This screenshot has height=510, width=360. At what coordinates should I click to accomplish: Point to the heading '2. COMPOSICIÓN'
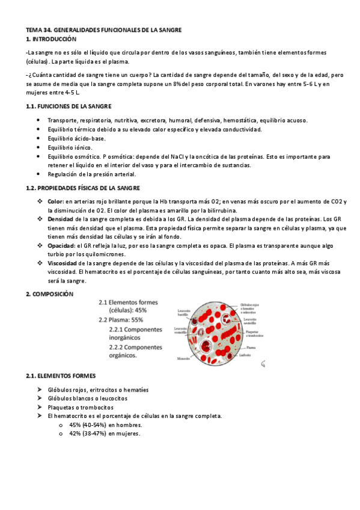tap(49, 294)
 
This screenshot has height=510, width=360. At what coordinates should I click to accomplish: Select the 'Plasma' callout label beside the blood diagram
tap(251, 347)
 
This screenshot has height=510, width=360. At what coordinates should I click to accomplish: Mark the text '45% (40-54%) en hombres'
tap(105, 425)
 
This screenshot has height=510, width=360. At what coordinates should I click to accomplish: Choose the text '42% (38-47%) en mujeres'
tap(105, 433)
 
